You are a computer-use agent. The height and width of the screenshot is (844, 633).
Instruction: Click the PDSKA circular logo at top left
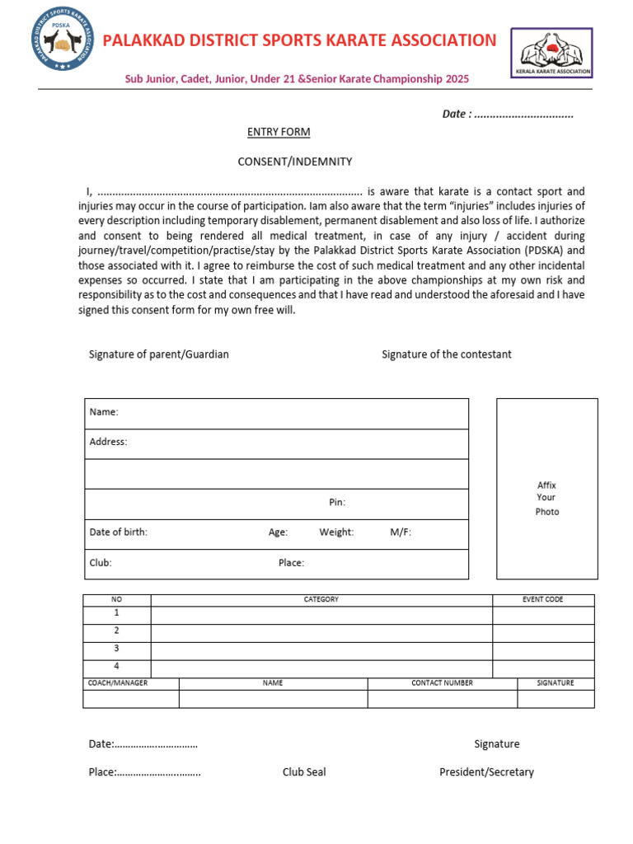[x=63, y=40]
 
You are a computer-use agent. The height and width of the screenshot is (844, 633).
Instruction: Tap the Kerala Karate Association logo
[x=551, y=53]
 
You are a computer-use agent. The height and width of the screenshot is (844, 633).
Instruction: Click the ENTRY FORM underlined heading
[x=279, y=132]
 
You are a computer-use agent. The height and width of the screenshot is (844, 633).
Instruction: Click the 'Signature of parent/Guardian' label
[x=159, y=354]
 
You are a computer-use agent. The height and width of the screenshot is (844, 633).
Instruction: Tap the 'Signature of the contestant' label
[x=446, y=354]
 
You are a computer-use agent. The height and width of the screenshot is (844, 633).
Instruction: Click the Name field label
[x=104, y=412]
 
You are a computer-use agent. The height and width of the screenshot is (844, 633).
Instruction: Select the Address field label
[x=108, y=442]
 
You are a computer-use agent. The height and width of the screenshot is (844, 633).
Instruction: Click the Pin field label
[x=337, y=502]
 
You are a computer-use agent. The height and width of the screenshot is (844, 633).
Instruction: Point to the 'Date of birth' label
[x=119, y=532]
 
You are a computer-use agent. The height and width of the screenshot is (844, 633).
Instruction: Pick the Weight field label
[x=336, y=532]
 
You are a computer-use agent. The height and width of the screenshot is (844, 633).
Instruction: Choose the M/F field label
[x=401, y=532]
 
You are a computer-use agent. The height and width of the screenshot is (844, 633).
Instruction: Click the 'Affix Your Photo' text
[x=546, y=498]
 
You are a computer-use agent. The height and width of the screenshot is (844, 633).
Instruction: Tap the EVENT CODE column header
[x=542, y=599]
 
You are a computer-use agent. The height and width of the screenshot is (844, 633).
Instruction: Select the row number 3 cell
[x=116, y=649]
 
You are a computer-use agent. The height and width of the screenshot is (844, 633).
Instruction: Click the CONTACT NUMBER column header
[x=442, y=683]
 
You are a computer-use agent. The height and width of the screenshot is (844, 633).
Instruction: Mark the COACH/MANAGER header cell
[x=118, y=683]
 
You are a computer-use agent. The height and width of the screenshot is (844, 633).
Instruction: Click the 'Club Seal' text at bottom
[x=304, y=772]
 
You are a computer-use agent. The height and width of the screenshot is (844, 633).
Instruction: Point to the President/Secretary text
[x=486, y=772]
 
